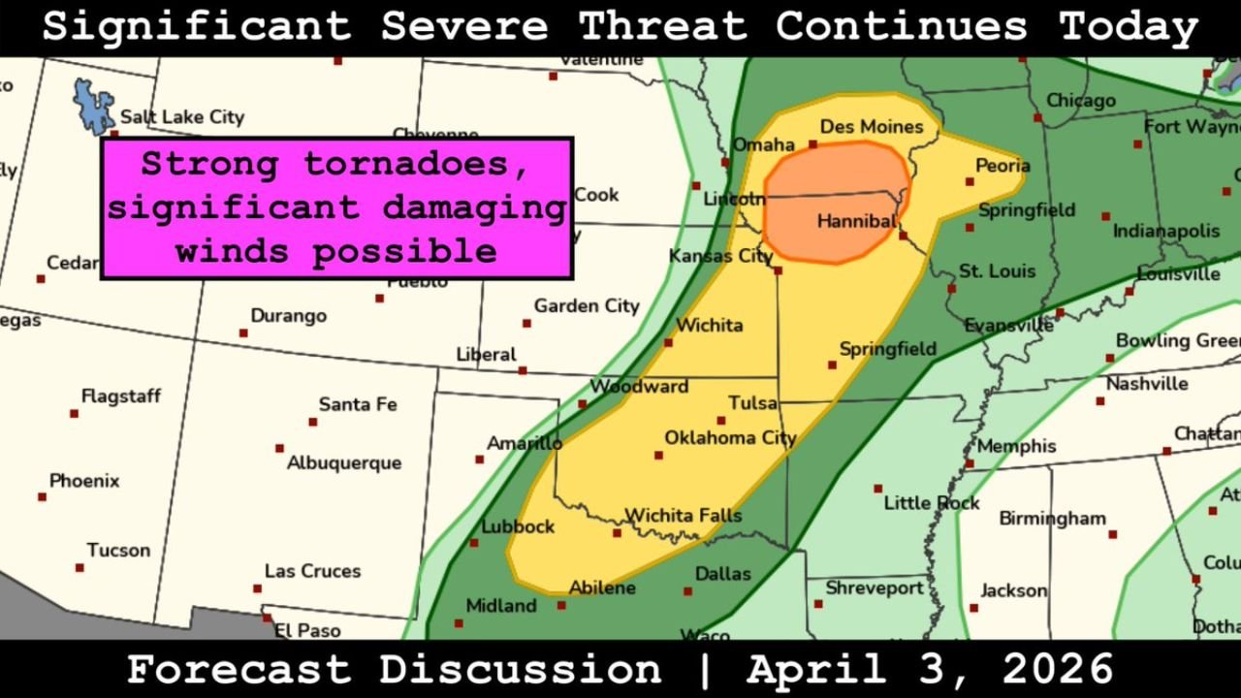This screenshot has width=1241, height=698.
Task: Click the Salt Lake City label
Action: pyautogui.click(x=181, y=117)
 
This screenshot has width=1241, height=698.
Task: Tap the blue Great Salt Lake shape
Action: pyautogui.click(x=95, y=102)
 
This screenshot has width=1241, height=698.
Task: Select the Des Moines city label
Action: pyautogui.click(x=871, y=127)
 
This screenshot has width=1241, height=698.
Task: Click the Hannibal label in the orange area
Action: pyautogui.click(x=855, y=222)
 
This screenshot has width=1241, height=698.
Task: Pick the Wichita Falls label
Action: pyautogui.click(x=683, y=516)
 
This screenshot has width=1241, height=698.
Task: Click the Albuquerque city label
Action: pyautogui.click(x=343, y=463)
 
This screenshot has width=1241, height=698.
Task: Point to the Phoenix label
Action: pyautogui.click(x=84, y=481)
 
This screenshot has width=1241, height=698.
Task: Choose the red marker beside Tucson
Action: pyautogui.click(x=80, y=568)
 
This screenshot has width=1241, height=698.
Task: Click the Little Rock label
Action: pyautogui.click(x=931, y=503)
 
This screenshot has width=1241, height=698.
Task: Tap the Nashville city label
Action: pyautogui.click(x=1146, y=384)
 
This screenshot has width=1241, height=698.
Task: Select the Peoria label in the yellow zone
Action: pyautogui.click(x=1002, y=166)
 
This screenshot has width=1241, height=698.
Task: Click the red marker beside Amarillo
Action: pyautogui.click(x=479, y=460)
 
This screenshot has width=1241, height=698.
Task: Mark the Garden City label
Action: pyautogui.click(x=587, y=306)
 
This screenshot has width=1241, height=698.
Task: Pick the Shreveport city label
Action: pyautogui.click(x=875, y=588)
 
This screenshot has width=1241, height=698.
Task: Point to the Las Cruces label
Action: pyautogui.click(x=312, y=571)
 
